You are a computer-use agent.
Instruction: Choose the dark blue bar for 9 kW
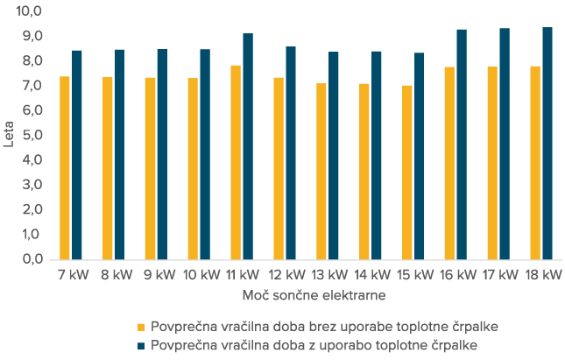(x=162, y=154)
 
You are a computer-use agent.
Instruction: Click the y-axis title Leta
(x=9, y=136)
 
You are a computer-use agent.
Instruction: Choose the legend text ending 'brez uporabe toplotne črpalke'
(x=325, y=327)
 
